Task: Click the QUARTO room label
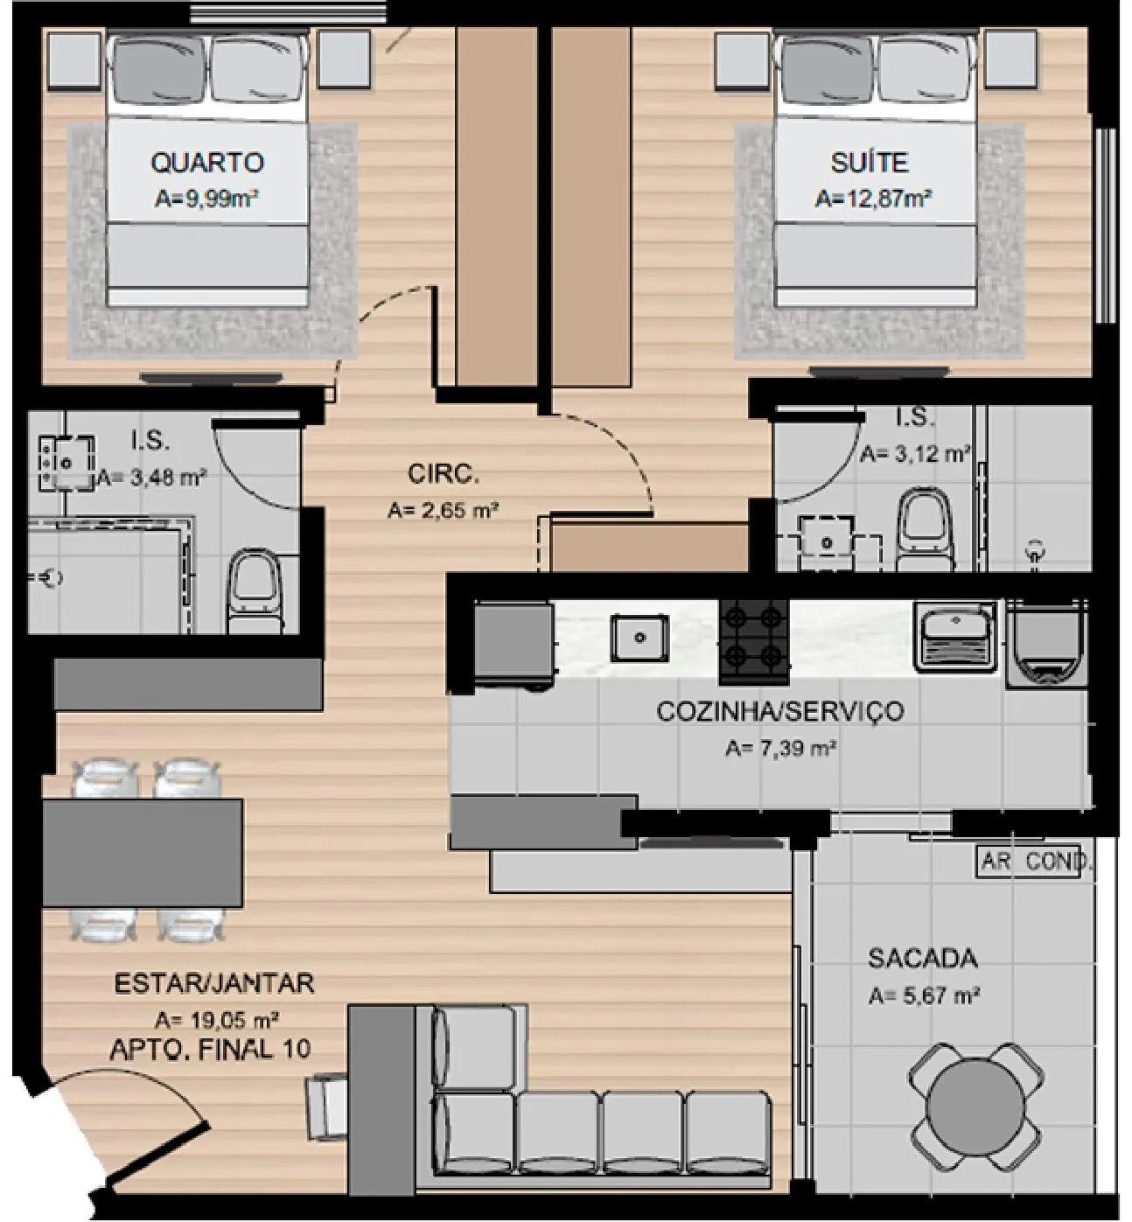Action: coord(207,163)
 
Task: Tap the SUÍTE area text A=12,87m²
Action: coord(872,199)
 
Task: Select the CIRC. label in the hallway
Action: coord(444,474)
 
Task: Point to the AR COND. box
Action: coord(1030,862)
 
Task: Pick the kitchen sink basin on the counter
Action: coord(639,638)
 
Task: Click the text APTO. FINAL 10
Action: coord(210,1050)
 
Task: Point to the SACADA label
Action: coord(923,958)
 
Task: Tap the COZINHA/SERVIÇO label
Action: coord(780,711)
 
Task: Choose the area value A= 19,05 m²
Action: coord(217,1021)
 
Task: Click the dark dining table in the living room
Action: coord(143,852)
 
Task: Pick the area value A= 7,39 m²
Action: coord(780,748)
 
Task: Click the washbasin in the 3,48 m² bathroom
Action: coord(66,463)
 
